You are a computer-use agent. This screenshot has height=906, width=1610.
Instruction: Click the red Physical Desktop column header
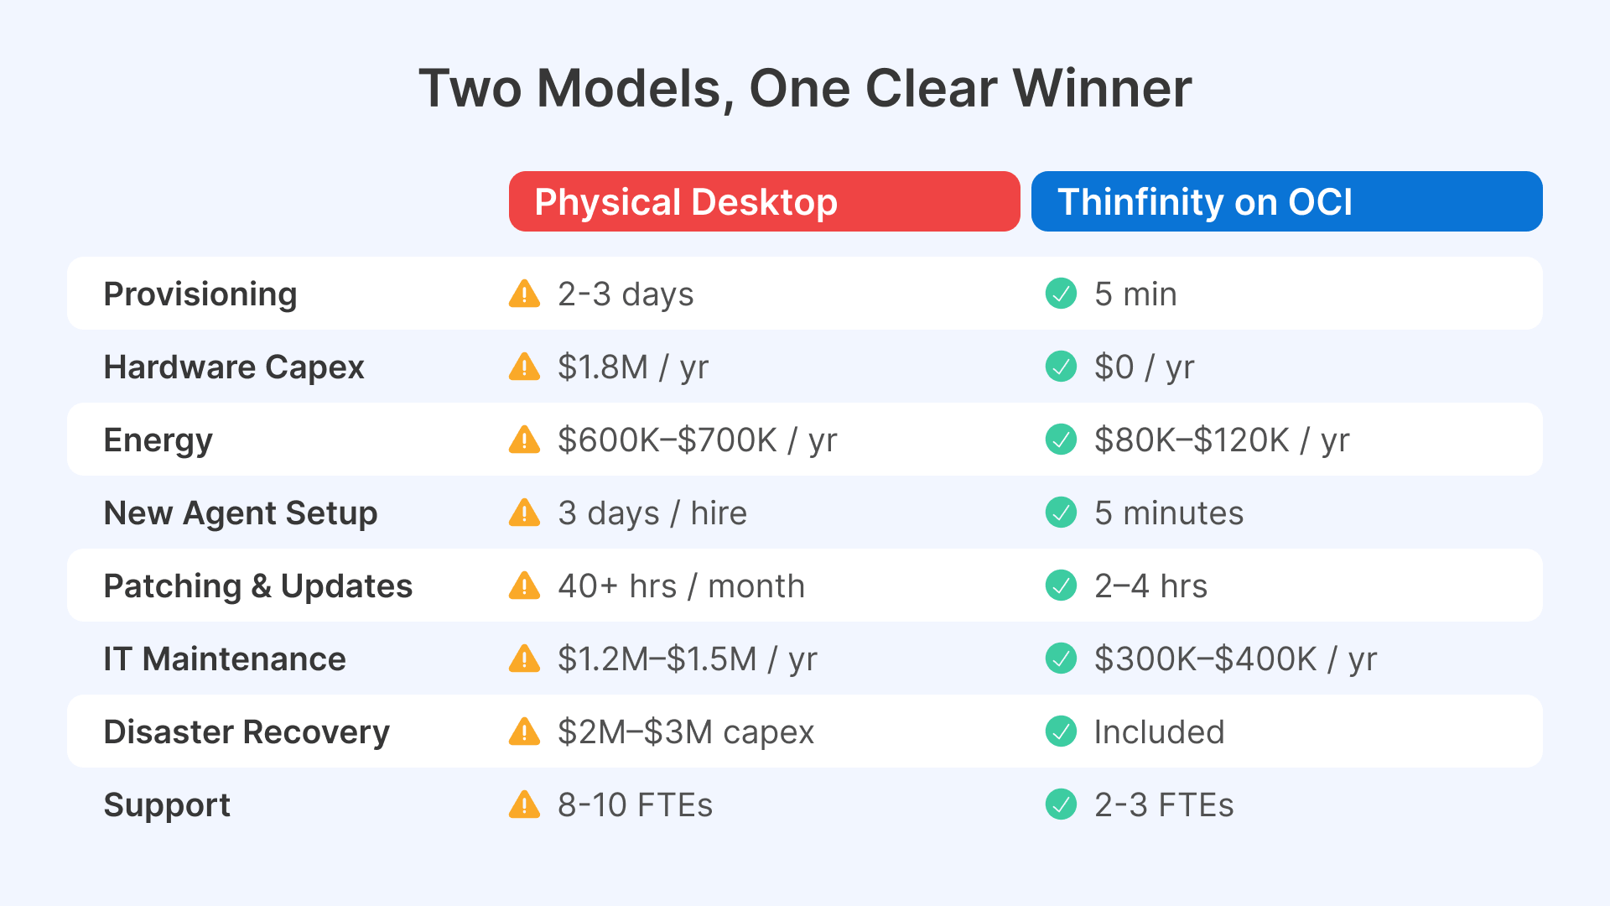[x=764, y=201]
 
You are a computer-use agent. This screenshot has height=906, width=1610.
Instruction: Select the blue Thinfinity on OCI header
[x=1286, y=201]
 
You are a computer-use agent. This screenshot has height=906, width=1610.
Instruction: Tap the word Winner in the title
[x=1102, y=88]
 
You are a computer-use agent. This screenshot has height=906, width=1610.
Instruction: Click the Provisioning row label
[x=200, y=294]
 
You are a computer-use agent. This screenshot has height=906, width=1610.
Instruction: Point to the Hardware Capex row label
[x=234, y=367]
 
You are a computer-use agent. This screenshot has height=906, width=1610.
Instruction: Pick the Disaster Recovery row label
[x=247, y=732]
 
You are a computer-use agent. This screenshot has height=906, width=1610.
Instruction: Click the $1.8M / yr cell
[x=633, y=367]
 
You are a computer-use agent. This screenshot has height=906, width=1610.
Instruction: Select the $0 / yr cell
[x=1144, y=367]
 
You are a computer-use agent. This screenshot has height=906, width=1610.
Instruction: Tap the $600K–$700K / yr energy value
[x=697, y=440]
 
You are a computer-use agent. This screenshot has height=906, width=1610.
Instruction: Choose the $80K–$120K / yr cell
[x=1222, y=440]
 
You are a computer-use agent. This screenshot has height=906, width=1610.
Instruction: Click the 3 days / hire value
[x=652, y=513]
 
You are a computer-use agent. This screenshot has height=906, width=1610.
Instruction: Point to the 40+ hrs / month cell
[x=681, y=586]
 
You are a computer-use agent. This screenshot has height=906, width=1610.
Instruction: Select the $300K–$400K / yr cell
[x=1235, y=659]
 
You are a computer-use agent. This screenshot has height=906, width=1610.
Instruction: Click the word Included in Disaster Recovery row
[x=1159, y=732]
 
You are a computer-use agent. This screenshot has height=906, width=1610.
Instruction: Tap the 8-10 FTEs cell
[x=635, y=805]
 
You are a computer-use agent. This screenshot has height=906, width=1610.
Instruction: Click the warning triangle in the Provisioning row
[x=525, y=294]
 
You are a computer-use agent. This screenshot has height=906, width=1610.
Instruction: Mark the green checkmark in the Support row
[x=1061, y=804]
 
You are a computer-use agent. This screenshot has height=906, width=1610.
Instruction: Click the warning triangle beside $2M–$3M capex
[x=525, y=732]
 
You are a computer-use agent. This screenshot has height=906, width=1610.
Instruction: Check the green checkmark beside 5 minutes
[x=1061, y=513]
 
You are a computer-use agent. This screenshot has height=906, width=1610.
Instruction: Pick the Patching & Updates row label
[x=258, y=586]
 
